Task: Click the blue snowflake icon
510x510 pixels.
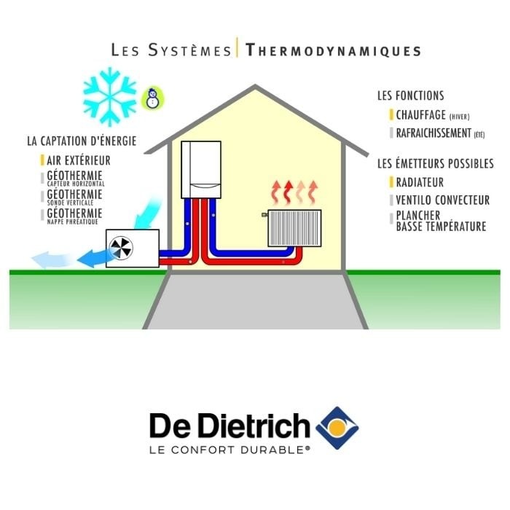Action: (110, 95)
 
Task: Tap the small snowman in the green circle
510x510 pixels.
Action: (153, 98)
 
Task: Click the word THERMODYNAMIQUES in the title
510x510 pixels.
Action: (334, 50)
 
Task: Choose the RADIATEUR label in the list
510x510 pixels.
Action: (420, 182)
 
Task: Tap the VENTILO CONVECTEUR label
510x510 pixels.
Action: (442, 200)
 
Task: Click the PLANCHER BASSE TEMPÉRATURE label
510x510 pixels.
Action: (441, 221)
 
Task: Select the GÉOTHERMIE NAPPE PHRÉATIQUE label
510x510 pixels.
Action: (75, 215)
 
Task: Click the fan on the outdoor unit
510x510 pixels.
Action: (120, 247)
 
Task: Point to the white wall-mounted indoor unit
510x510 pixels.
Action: (200, 169)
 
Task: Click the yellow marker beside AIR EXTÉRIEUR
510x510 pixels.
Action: (42, 160)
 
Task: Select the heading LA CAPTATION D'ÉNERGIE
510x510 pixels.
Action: (81, 141)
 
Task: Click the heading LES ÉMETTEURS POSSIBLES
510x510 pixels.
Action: (435, 164)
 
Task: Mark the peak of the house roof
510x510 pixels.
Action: (256, 87)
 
